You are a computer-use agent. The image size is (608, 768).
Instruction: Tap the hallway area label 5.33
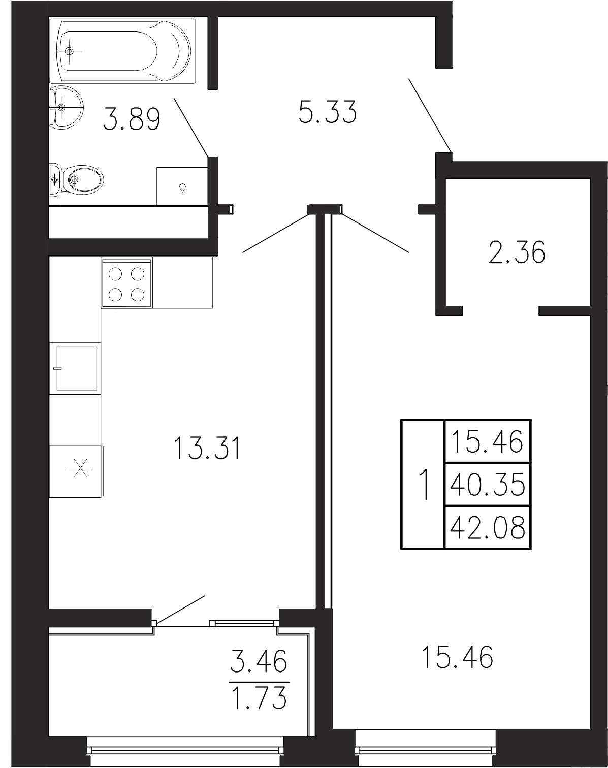click(328, 112)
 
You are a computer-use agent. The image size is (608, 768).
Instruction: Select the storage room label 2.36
click(517, 252)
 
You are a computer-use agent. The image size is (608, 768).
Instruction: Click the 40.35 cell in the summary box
click(487, 484)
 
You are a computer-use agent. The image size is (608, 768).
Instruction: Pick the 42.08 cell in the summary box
click(487, 527)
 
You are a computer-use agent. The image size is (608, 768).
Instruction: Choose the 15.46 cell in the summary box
click(487, 441)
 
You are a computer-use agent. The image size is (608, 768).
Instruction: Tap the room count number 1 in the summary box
click(424, 485)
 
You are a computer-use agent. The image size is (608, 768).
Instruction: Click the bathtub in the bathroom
click(122, 51)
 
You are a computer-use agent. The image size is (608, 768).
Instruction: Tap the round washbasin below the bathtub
click(66, 107)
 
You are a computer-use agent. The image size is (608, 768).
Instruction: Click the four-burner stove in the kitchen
click(127, 283)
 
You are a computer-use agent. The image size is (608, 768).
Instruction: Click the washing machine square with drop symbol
click(182, 186)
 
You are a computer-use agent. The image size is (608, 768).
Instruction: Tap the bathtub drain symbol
click(69, 51)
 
